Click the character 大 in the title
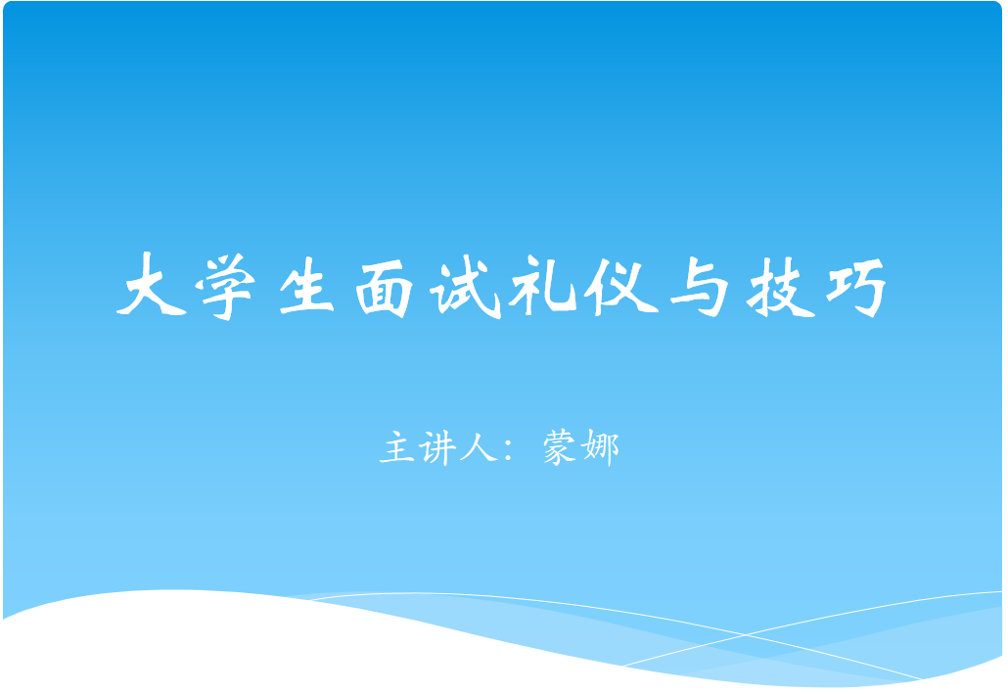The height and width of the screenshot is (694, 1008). click(x=151, y=284)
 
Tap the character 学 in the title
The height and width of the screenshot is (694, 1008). click(x=226, y=286)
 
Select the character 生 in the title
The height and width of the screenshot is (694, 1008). click(x=306, y=286)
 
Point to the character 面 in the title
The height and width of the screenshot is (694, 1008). click(x=385, y=288)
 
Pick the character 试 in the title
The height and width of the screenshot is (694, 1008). click(x=466, y=287)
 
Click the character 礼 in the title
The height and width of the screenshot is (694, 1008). click(x=542, y=286)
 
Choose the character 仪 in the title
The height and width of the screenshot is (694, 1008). click(x=620, y=286)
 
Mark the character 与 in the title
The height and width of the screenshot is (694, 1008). click(x=699, y=287)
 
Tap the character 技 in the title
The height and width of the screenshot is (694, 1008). click(x=780, y=287)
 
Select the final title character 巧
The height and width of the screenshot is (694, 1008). click(x=856, y=288)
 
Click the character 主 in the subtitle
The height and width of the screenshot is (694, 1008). click(x=396, y=447)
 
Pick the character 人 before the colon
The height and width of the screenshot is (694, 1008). click(x=479, y=447)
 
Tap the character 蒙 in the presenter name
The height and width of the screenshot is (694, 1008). click(x=559, y=447)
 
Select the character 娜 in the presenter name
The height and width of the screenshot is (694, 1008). click(x=600, y=447)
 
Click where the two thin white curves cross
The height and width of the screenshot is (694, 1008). click(x=746, y=635)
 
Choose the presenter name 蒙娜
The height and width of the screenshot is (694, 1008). click(x=581, y=447)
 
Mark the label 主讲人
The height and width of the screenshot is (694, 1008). click(x=438, y=447)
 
